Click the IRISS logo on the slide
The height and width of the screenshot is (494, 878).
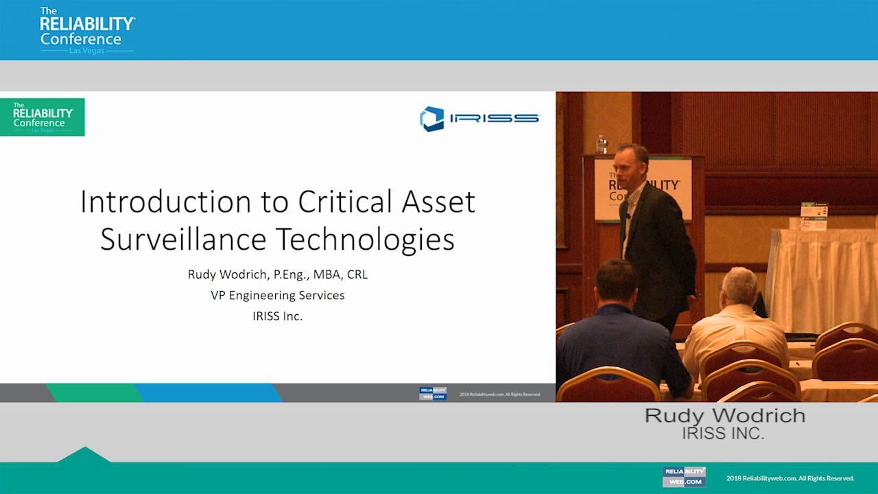pos(479,118)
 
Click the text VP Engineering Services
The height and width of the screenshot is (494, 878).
pos(277,295)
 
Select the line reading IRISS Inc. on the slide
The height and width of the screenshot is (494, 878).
pos(277,316)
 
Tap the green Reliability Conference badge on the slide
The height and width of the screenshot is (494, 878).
pos(43,117)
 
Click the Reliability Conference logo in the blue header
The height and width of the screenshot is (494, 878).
pos(86,30)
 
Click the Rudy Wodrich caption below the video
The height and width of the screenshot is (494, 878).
pos(724,416)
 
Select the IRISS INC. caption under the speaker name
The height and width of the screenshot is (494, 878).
pos(722,434)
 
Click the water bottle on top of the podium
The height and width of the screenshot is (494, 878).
pos(602,144)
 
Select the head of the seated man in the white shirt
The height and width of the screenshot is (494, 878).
pos(738,287)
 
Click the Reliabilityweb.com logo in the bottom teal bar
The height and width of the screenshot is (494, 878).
pos(683,477)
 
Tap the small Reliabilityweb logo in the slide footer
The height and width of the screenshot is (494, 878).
pos(432,394)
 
